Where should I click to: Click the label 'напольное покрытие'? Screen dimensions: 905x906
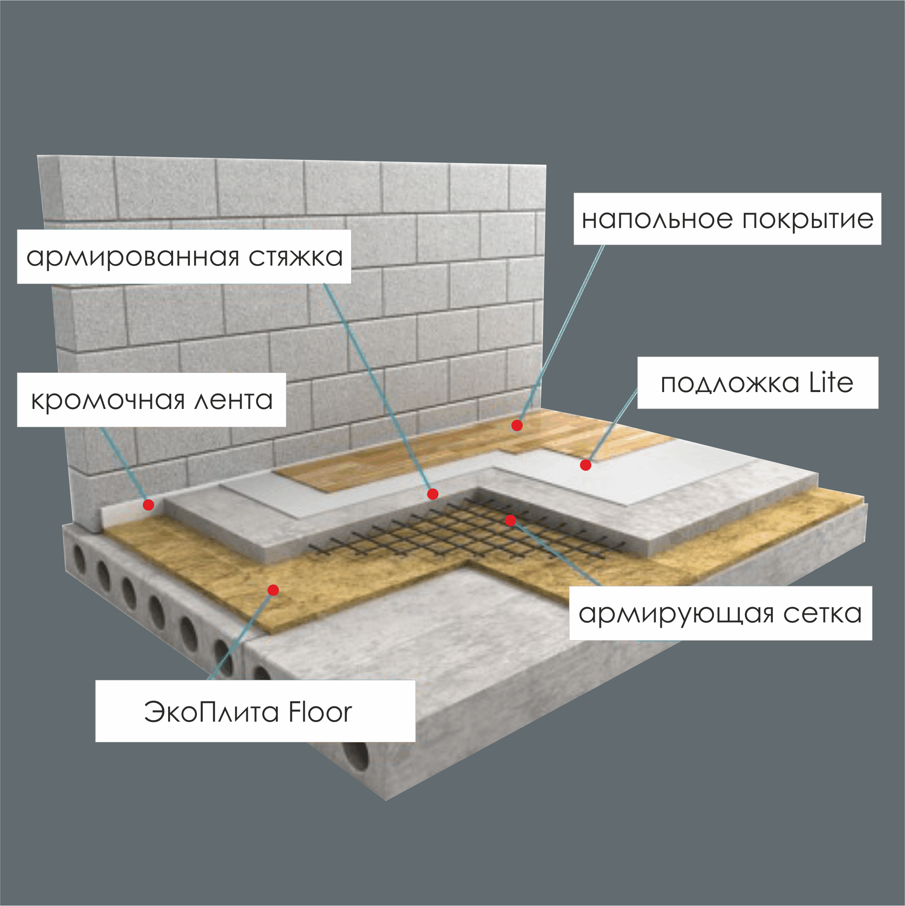727,219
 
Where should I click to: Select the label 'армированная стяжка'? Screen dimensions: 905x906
184,257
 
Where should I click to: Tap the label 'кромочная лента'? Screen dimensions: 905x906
152,400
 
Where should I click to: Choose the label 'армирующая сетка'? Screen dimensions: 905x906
720,613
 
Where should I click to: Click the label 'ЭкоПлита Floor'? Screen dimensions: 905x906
247,712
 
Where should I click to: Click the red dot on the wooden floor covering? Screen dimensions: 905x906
517,425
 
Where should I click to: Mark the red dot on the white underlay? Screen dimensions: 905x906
585,465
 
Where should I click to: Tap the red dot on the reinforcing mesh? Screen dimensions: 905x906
511,520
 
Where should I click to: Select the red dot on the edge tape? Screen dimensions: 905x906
148,505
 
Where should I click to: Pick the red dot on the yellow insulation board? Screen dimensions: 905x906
273,590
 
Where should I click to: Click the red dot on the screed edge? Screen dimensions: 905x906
432,494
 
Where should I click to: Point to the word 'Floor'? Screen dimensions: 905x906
320,712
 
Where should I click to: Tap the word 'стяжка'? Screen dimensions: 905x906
296,258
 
